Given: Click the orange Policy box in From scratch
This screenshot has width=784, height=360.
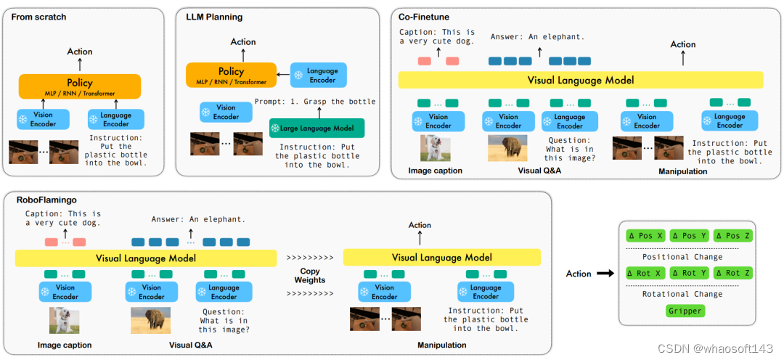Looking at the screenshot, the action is (x=80, y=86).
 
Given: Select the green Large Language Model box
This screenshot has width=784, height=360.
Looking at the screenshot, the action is (x=317, y=128).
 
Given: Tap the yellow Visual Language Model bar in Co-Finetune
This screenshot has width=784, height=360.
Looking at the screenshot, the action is (x=581, y=80).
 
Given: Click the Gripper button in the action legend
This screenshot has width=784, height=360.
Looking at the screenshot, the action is (x=685, y=311).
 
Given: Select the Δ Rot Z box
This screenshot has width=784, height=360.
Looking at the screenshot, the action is (x=733, y=273).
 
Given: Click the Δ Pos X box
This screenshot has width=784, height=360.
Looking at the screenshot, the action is (x=646, y=235).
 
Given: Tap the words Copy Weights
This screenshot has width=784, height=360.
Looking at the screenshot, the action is (x=309, y=276).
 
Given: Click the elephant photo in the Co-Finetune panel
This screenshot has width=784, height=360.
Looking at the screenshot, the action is (x=507, y=148).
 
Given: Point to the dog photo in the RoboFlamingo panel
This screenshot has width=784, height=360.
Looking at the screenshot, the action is (x=64, y=321).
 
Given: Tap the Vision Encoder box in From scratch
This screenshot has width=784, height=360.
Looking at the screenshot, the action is (x=43, y=120).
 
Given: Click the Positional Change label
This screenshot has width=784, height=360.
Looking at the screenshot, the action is (x=682, y=257).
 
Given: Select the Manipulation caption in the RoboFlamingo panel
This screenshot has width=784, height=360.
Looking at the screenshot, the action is (x=441, y=345).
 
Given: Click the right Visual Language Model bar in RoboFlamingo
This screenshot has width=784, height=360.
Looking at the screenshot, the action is (x=441, y=258).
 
